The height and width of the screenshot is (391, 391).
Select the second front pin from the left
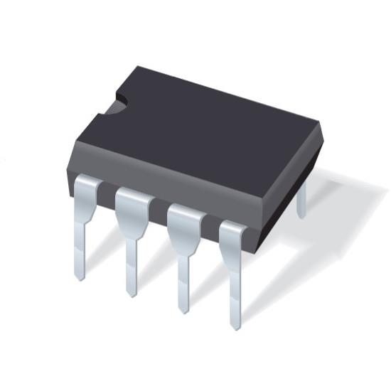(x=132, y=238)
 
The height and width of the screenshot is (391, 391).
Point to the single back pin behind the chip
(x=301, y=199)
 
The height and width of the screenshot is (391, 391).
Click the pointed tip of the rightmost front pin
(x=235, y=327)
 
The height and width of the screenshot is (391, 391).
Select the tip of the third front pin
(x=183, y=310)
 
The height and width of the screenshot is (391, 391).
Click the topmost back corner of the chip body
(x=139, y=67)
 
